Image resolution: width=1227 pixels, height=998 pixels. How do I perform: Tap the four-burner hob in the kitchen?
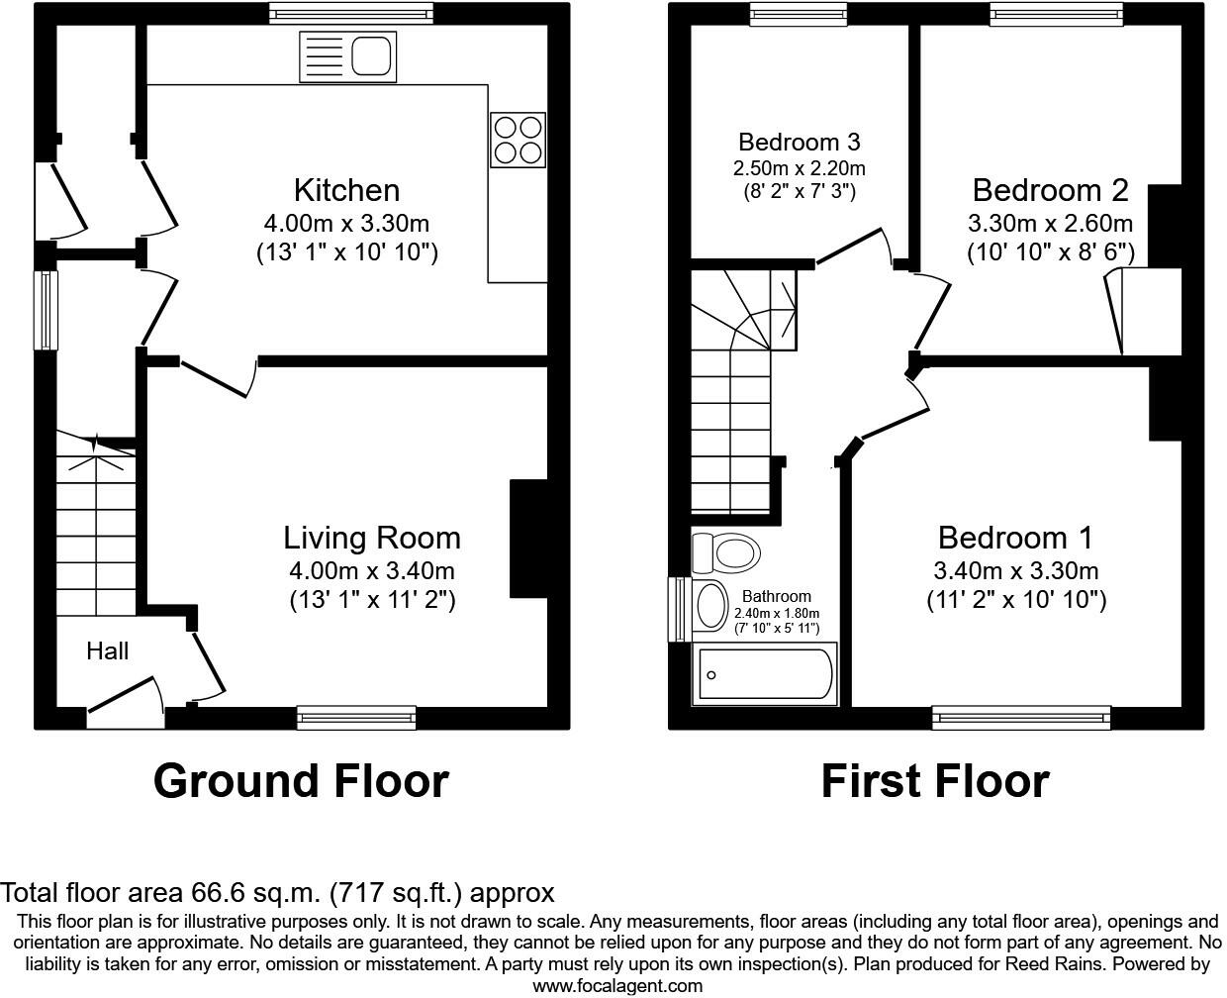coord(519,140)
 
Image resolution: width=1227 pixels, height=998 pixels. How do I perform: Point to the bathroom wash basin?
coord(710,606)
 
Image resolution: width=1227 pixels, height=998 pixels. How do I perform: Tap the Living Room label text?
coord(372,538)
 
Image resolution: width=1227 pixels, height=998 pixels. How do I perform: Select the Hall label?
coord(107,650)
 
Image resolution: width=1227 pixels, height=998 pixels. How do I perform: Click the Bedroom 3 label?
coord(799,142)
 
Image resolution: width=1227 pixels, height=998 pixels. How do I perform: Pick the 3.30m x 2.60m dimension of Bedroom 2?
coord(1050,223)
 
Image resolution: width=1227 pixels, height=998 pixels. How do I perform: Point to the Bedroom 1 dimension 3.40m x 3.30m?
coord(1015,570)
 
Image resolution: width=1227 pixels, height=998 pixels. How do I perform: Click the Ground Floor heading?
coord(301,781)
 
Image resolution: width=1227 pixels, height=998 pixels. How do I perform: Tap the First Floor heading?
coord(934,781)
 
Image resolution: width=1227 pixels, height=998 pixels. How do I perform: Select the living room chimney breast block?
coord(528,540)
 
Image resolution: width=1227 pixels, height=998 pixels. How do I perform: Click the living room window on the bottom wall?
coord(356,718)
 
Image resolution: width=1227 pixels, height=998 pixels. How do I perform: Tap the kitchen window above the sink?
coord(351,13)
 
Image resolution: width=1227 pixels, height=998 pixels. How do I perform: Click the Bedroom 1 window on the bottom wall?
coord(1021,718)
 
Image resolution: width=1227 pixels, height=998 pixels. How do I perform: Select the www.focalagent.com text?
coord(617,985)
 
